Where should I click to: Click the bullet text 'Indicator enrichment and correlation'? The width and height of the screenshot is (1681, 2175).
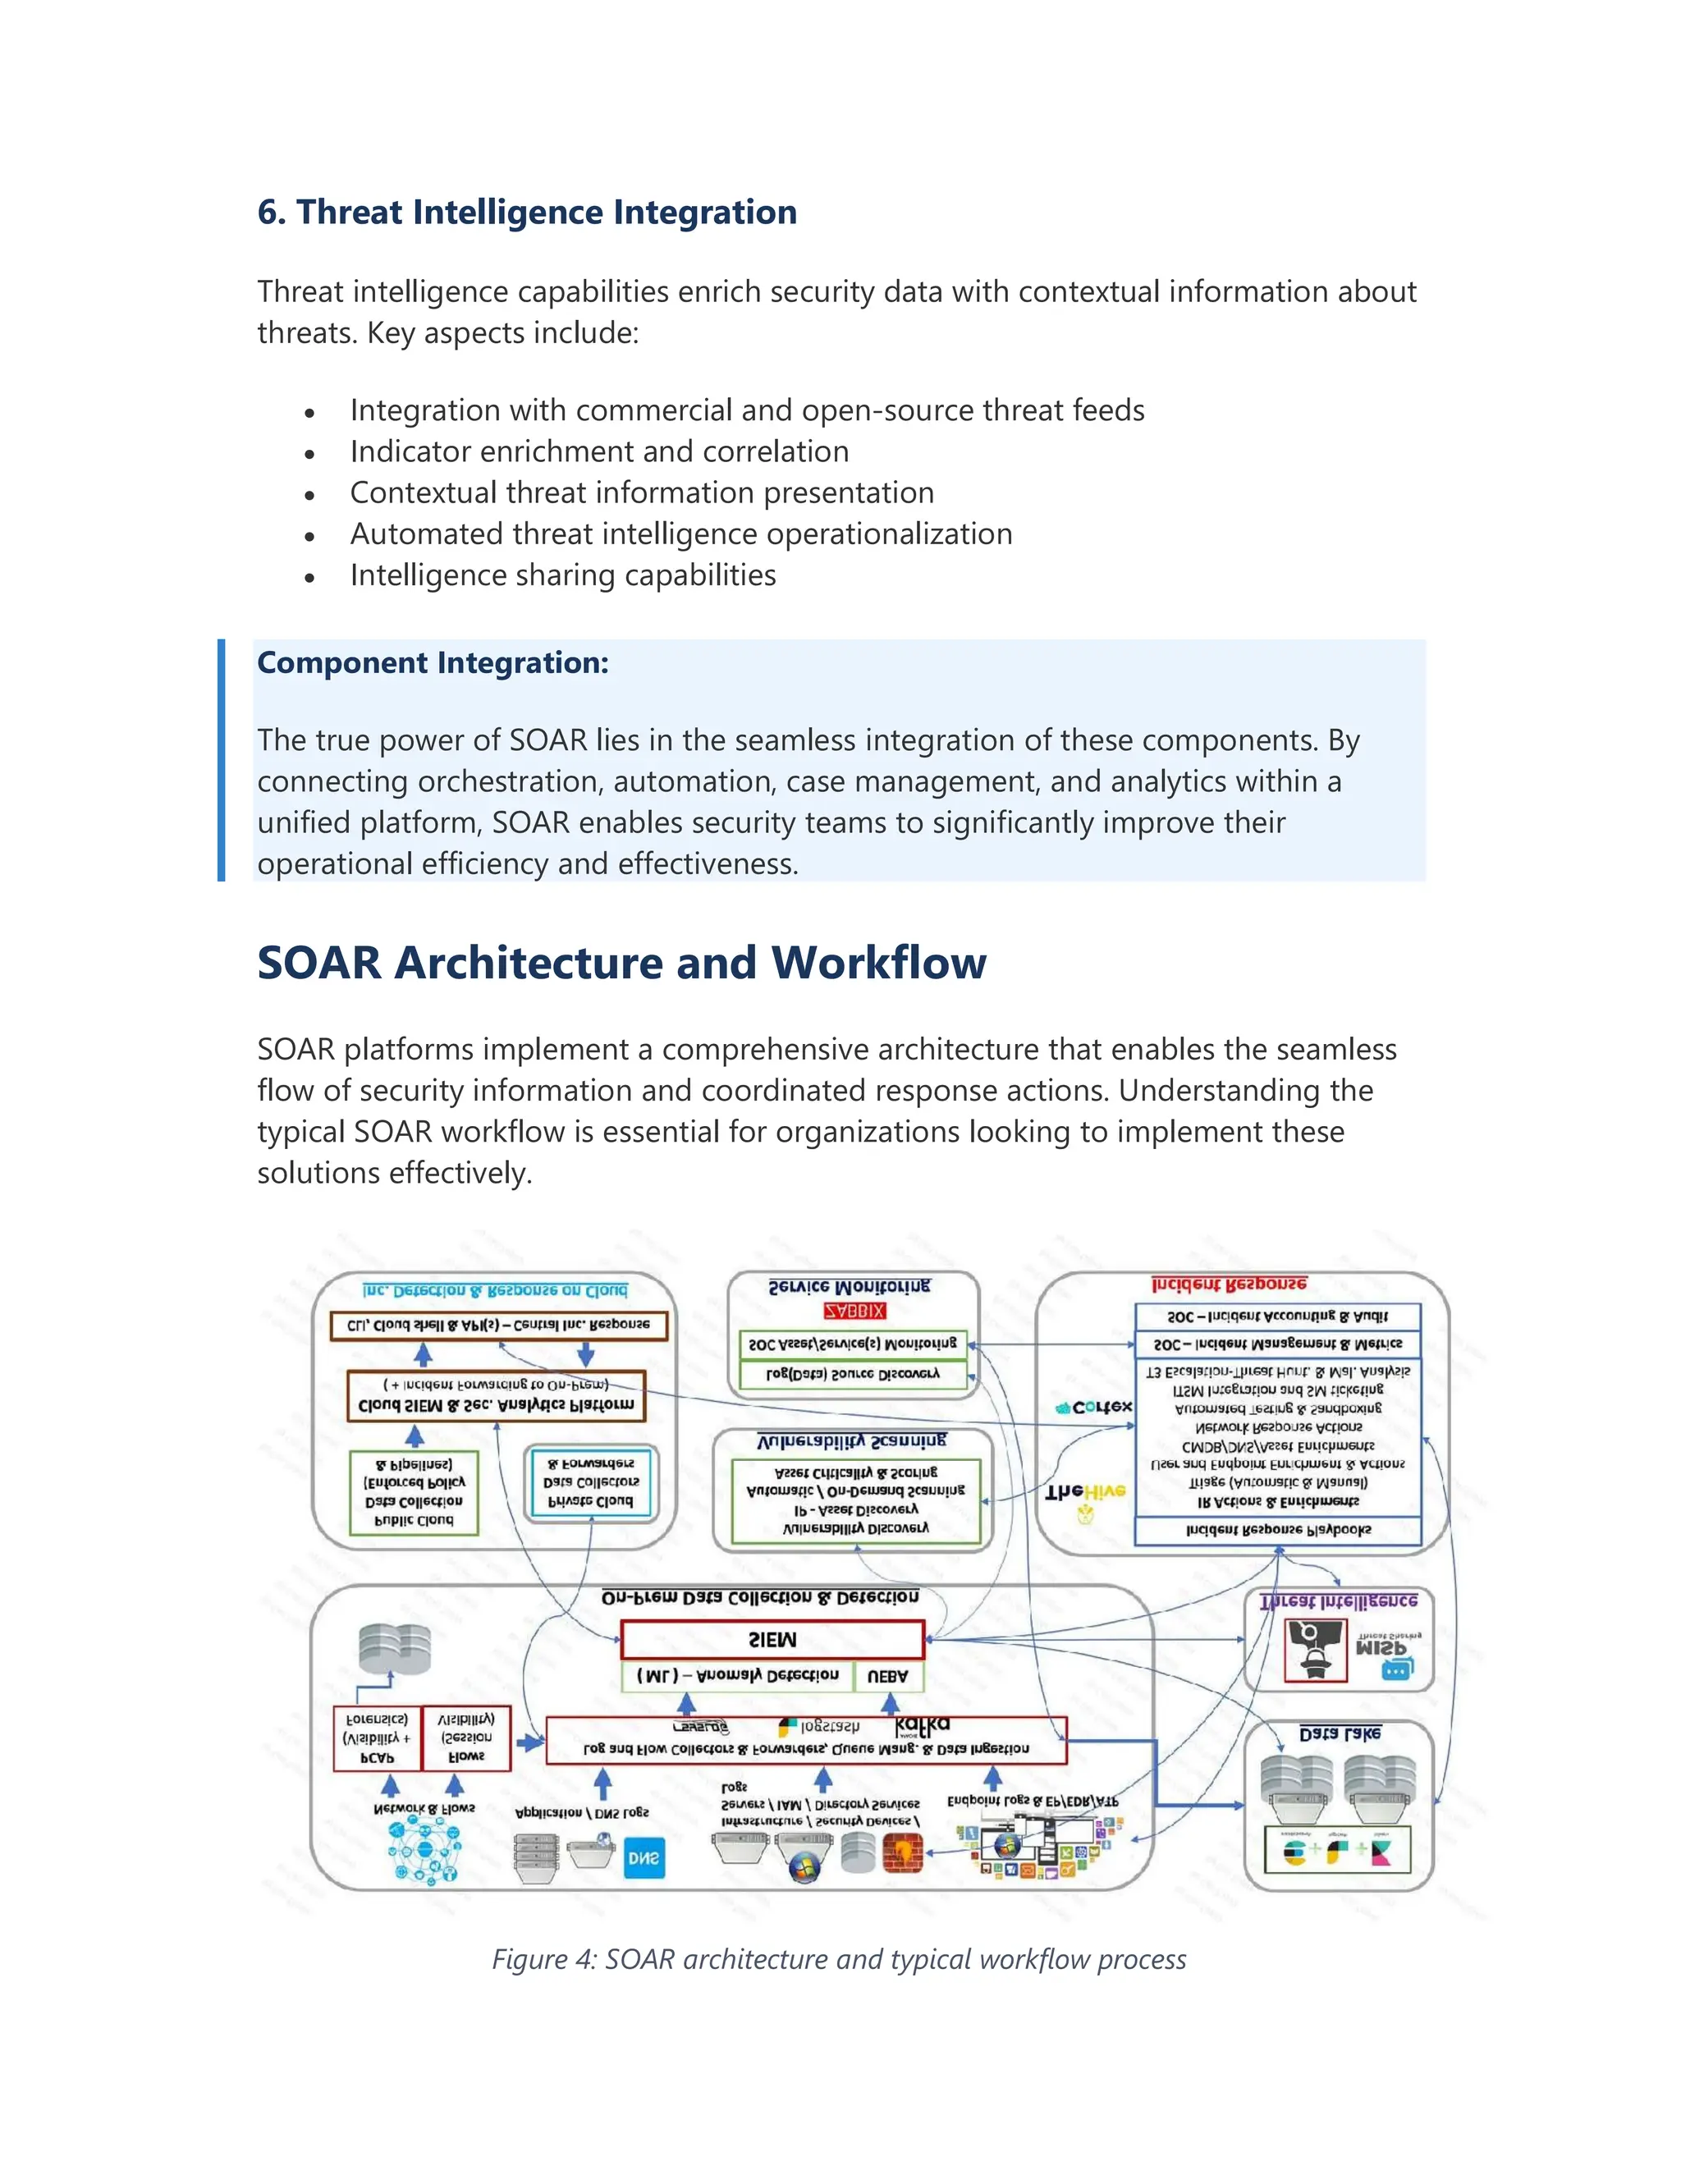point(598,451)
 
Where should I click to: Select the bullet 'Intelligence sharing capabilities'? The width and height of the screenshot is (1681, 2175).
point(562,575)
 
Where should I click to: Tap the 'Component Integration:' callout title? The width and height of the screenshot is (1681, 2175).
point(433,662)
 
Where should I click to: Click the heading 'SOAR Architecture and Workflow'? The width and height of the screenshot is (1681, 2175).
point(621,963)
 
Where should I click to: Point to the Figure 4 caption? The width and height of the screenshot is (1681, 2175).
point(839,1959)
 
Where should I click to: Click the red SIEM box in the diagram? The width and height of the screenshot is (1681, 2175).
point(772,1639)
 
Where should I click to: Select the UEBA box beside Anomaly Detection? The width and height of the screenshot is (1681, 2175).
point(887,1677)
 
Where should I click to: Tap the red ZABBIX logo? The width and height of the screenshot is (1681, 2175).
point(854,1312)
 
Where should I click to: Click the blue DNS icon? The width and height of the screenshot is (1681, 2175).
point(643,1858)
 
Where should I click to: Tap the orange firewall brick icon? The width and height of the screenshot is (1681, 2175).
point(903,1852)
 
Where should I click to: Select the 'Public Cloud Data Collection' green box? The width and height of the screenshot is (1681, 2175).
point(414,1492)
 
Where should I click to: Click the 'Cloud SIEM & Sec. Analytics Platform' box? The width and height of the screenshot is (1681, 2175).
point(495,1396)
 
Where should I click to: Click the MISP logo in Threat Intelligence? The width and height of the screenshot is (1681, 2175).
point(1382,1651)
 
